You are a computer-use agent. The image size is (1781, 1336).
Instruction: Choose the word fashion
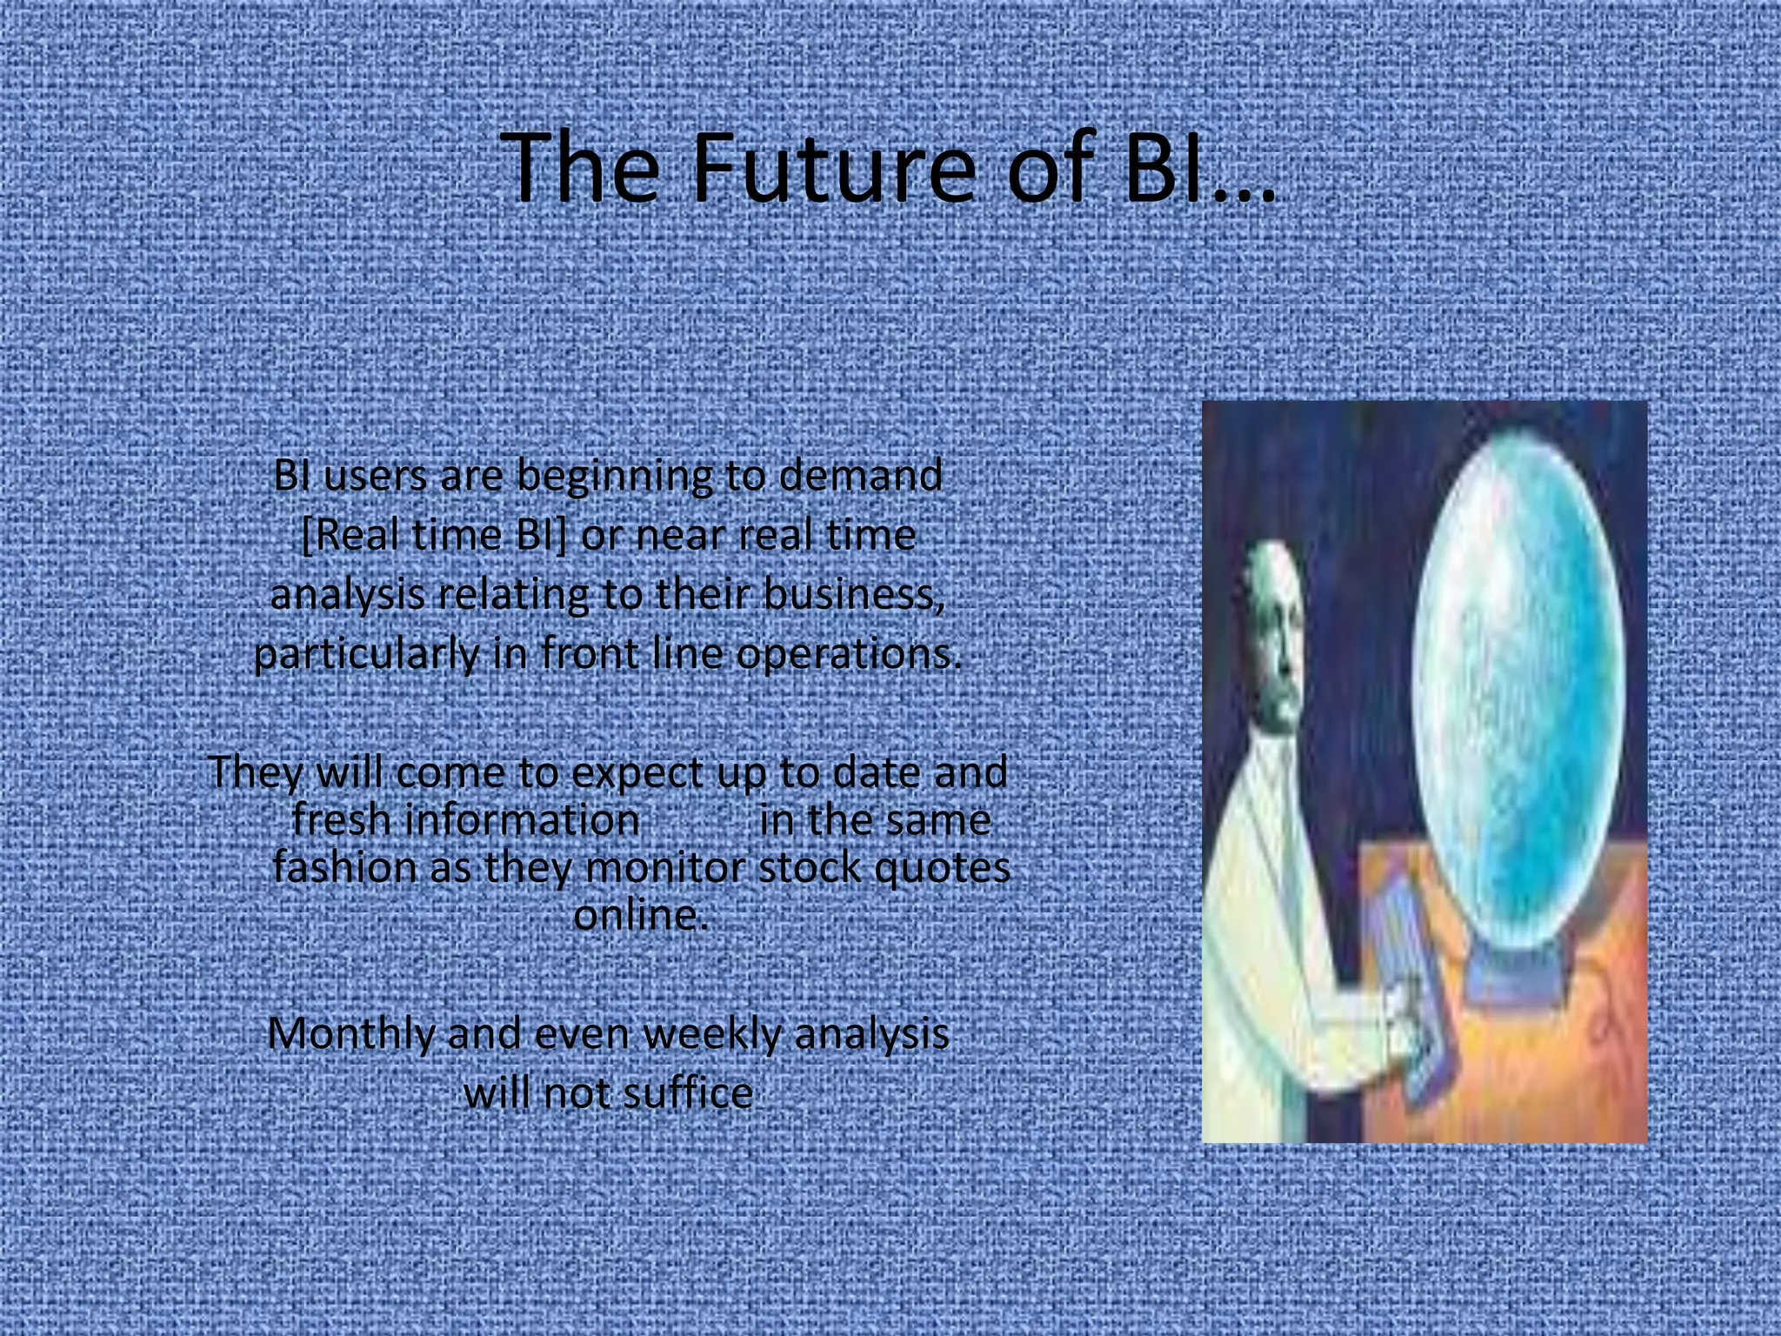click(345, 867)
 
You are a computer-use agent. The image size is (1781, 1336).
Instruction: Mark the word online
click(640, 915)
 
